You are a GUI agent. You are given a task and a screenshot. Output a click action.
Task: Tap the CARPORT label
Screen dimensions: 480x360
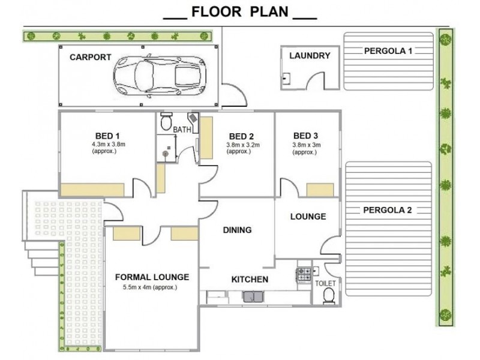pyautogui.click(x=91, y=57)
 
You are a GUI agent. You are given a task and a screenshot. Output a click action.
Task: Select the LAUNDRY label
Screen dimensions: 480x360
pyautogui.click(x=310, y=56)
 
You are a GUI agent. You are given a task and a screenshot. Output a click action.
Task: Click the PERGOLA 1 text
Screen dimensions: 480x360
pyautogui.click(x=388, y=51)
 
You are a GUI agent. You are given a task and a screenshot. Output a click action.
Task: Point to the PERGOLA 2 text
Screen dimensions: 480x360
pyautogui.click(x=387, y=211)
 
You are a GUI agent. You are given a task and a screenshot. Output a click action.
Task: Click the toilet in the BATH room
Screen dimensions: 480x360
pyautogui.click(x=166, y=121)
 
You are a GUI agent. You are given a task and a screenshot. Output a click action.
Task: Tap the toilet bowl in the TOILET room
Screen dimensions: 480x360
pyautogui.click(x=329, y=296)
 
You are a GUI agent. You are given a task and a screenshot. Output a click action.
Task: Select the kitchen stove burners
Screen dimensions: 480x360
pyautogui.click(x=304, y=274)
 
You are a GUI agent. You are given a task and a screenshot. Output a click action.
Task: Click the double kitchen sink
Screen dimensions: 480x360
pyautogui.click(x=253, y=297)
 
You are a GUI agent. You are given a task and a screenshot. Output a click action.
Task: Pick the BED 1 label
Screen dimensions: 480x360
pyautogui.click(x=107, y=136)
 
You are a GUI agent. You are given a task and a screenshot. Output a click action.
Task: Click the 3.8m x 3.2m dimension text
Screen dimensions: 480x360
pyautogui.click(x=243, y=145)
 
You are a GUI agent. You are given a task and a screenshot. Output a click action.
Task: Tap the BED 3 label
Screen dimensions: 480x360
pyautogui.click(x=305, y=136)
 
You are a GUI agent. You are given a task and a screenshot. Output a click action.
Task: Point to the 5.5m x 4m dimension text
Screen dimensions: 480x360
pyautogui.click(x=150, y=287)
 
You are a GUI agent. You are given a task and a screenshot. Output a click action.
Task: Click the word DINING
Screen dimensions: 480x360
pyautogui.click(x=237, y=230)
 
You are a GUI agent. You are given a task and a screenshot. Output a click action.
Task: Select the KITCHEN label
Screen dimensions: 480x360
pyautogui.click(x=250, y=279)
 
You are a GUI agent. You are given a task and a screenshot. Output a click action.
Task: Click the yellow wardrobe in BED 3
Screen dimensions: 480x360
pyautogui.click(x=320, y=190)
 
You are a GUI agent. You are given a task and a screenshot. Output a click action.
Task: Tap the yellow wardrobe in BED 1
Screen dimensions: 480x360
pyautogui.click(x=92, y=190)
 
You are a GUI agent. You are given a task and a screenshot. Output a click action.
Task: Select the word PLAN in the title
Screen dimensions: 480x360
pyautogui.click(x=269, y=11)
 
